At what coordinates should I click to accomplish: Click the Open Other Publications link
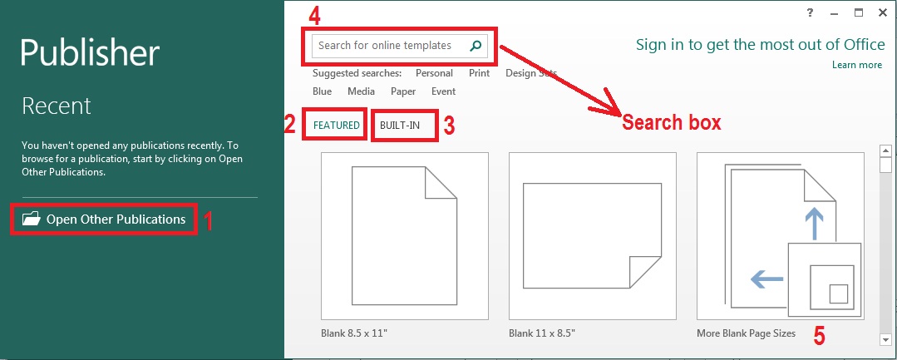pyautogui.click(x=116, y=219)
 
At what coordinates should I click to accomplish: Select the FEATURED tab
pyautogui.click(x=337, y=126)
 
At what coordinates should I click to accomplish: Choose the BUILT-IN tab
pyautogui.click(x=399, y=126)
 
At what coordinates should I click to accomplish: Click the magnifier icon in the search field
pyautogui.click(x=476, y=46)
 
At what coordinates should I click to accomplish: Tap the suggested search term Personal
pyautogui.click(x=434, y=73)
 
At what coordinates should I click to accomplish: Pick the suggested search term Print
pyautogui.click(x=480, y=73)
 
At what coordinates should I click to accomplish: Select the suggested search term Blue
pyautogui.click(x=322, y=91)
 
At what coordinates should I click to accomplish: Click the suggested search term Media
pyautogui.click(x=361, y=91)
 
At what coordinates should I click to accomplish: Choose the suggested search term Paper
pyautogui.click(x=403, y=91)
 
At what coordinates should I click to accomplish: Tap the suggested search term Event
pyautogui.click(x=443, y=91)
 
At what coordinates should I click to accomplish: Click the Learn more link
pyautogui.click(x=857, y=65)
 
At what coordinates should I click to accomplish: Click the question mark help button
pyautogui.click(x=810, y=12)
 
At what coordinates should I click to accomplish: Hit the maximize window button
pyautogui.click(x=859, y=12)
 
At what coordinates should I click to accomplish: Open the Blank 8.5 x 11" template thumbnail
pyautogui.click(x=405, y=236)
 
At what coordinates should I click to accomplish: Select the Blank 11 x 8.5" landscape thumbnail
pyautogui.click(x=592, y=236)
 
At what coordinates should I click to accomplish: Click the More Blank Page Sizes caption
pyautogui.click(x=746, y=333)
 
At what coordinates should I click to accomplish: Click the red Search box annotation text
pyautogui.click(x=672, y=122)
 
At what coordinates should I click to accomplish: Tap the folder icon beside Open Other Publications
pyautogui.click(x=31, y=218)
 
